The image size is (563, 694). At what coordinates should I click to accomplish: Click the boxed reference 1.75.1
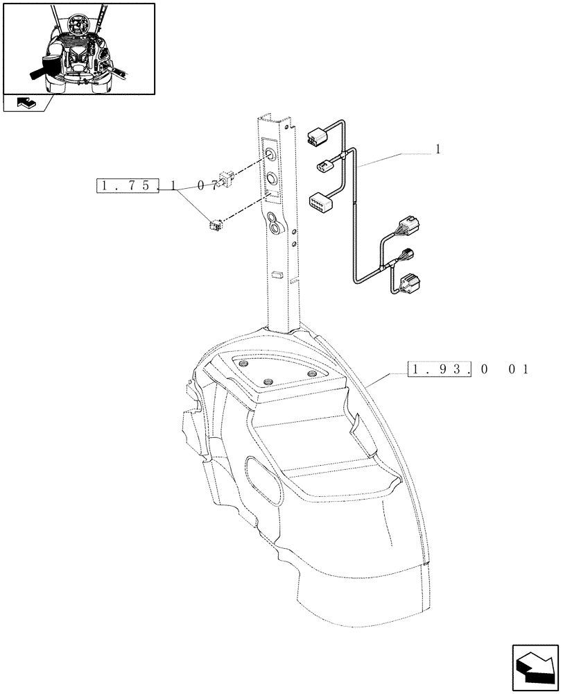tap(127, 186)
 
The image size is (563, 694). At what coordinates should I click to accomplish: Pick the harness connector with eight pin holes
tap(319, 201)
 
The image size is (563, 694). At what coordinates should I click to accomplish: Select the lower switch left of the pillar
tap(216, 223)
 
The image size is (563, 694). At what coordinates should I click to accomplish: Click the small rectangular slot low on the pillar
tap(277, 275)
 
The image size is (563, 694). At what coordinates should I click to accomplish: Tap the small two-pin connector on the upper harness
tap(324, 165)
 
